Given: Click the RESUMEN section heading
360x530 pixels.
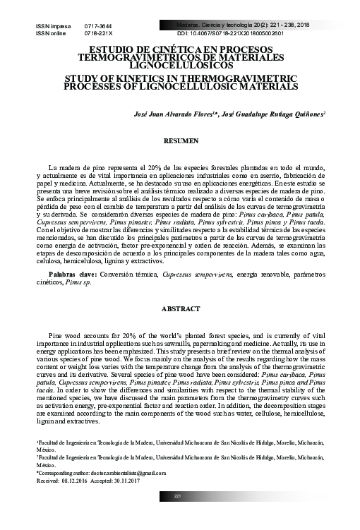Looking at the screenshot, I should (181, 142).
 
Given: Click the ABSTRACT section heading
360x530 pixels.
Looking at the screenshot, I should (181, 309).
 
